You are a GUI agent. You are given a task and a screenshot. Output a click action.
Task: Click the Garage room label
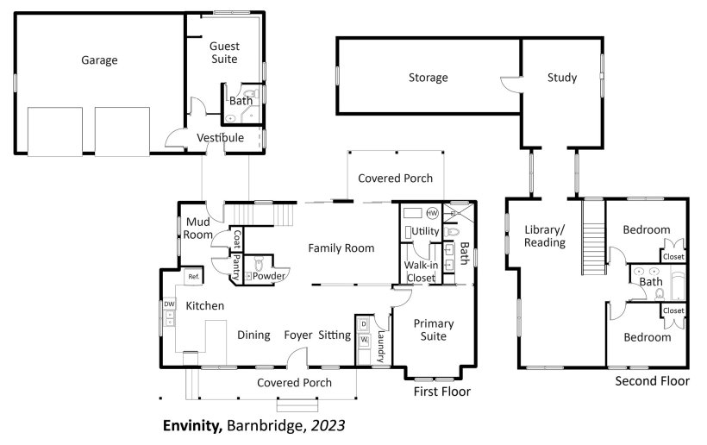coord(99,60)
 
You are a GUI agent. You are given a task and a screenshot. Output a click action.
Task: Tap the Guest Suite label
coord(224,53)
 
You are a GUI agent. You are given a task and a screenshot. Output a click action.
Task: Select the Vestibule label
coord(221,137)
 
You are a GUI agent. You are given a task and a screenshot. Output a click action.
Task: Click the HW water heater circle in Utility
coord(432,213)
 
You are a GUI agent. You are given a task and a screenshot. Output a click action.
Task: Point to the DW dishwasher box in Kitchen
coord(169,304)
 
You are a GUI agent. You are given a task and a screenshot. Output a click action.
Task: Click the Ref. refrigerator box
coord(194,277)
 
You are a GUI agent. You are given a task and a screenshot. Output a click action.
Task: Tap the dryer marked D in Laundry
coord(364,324)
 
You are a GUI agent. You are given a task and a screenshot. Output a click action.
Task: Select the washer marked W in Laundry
coord(364,340)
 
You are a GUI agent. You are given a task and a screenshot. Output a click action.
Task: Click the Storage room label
coord(428,78)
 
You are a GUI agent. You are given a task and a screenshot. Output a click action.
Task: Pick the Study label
coord(562,78)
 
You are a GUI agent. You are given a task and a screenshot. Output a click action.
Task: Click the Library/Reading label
coord(545,235)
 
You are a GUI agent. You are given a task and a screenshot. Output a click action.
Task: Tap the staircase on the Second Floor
coord(593,238)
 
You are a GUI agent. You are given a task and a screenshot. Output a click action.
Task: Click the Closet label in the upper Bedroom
coord(673,256)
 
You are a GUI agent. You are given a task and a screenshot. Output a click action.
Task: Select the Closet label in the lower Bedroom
coord(673,310)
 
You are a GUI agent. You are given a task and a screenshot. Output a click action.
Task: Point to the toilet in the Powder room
coord(259,263)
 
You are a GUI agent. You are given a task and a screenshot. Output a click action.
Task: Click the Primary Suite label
coord(434,329)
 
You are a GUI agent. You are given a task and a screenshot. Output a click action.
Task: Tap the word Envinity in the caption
coord(192,426)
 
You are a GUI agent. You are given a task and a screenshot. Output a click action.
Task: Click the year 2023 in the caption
coord(328,426)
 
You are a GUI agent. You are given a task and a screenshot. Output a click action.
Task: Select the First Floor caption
coord(441,392)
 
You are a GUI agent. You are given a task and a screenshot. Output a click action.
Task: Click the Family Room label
coord(341,248)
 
